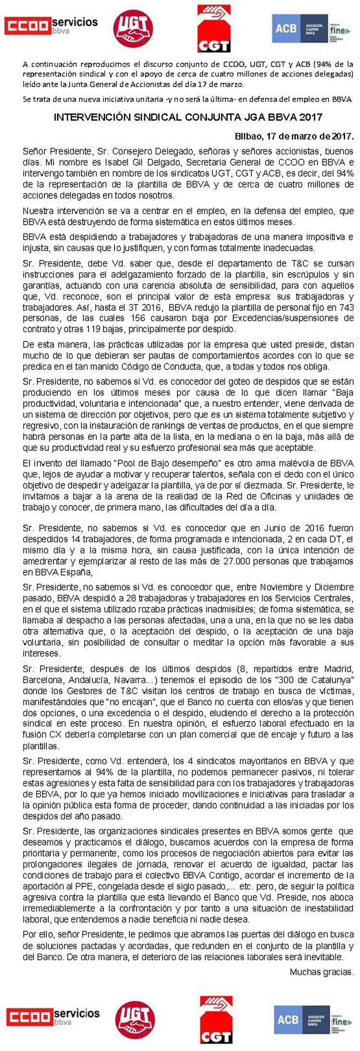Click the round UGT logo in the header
coord(133,29)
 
